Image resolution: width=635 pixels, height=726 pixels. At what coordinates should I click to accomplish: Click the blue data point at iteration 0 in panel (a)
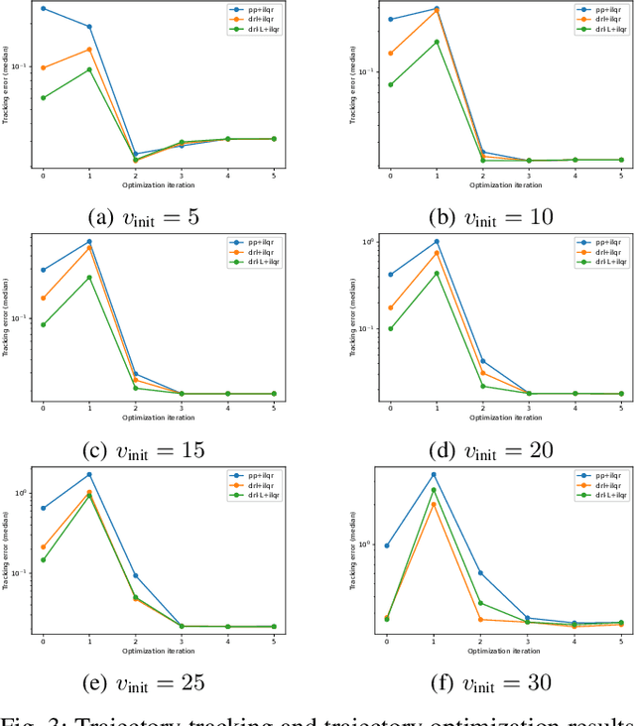[43, 8]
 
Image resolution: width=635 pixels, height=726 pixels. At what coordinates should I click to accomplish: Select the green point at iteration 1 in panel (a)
[89, 69]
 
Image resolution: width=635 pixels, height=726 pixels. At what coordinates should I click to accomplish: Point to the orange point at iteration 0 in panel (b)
[390, 54]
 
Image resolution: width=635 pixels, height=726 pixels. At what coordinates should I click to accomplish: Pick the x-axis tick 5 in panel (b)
[622, 176]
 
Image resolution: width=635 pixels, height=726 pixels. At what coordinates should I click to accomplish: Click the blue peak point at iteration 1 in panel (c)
[89, 241]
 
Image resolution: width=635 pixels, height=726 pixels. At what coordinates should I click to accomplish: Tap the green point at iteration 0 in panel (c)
[43, 324]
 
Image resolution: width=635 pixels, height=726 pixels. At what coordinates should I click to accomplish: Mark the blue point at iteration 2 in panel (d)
[483, 361]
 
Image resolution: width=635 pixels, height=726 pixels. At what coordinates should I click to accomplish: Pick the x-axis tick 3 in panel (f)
[529, 642]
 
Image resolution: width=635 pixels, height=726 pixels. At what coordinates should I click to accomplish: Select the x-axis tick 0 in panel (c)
[43, 409]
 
